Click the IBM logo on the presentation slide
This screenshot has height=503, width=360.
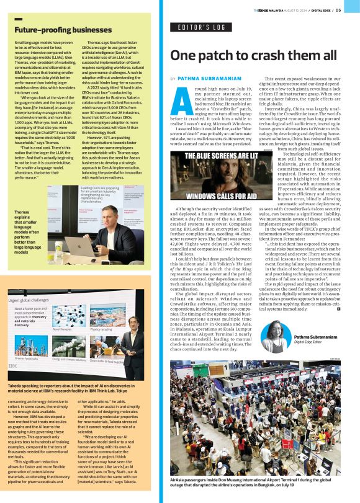[x=15, y=373]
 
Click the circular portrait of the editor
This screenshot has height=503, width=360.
[x=272, y=337]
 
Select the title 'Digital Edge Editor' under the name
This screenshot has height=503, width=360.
[x=307, y=342]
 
